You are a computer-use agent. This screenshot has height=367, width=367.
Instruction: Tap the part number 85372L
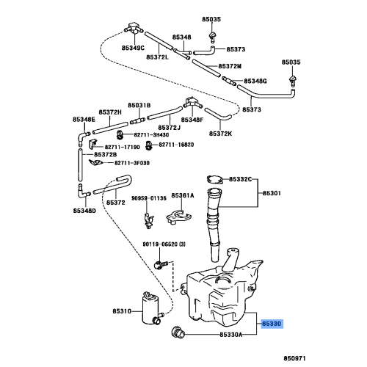pyautogui.click(x=157, y=57)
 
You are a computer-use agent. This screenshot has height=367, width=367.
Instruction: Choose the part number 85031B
pyautogui.click(x=139, y=106)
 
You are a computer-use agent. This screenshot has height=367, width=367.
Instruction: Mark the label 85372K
pyautogui.click(x=220, y=133)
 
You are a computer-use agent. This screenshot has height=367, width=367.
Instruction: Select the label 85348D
pyautogui.click(x=84, y=211)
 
